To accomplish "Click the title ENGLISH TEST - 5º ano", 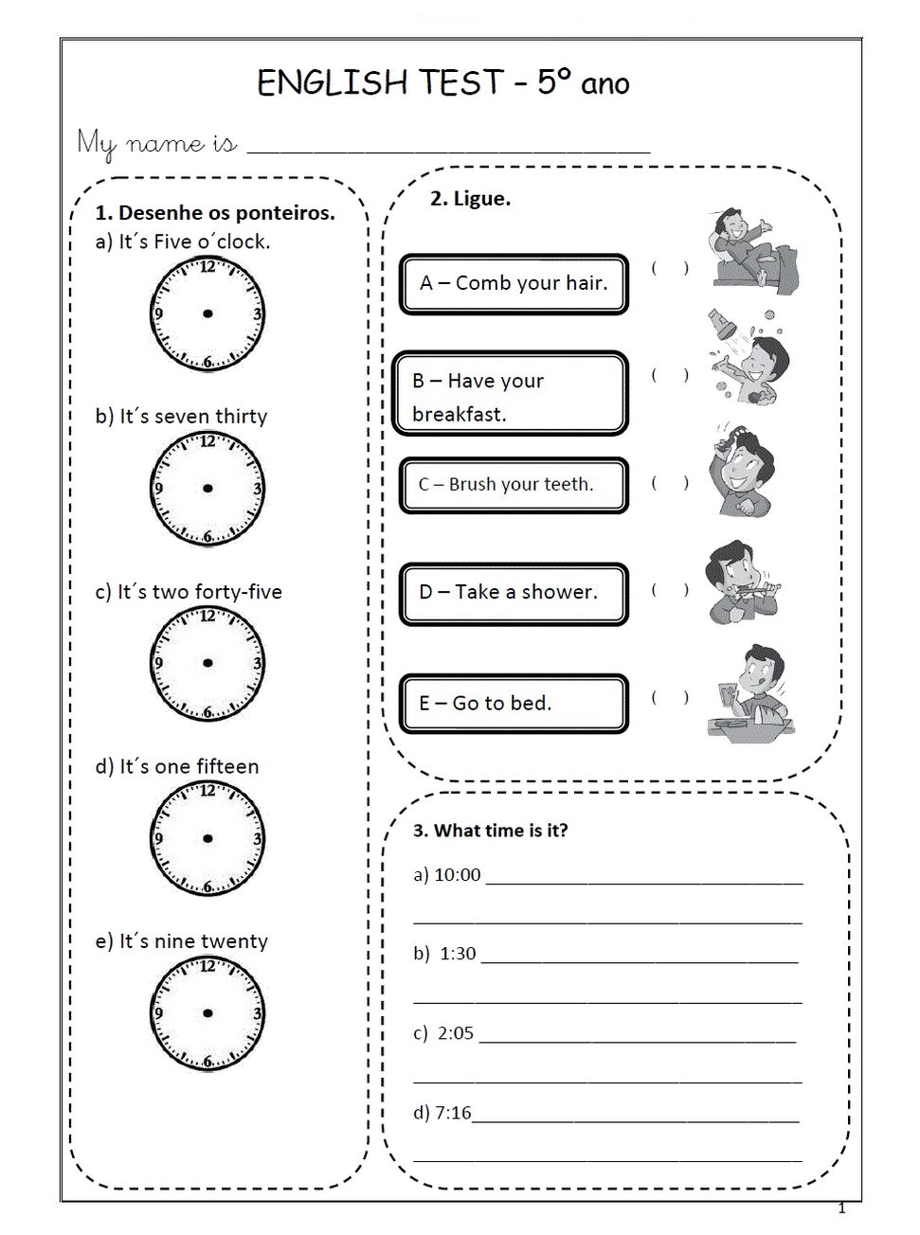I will [442, 83].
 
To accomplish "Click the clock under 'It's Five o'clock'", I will [207, 313].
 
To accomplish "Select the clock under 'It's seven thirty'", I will [207, 489].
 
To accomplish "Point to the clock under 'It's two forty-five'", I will [207, 663].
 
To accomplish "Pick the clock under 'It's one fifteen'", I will [207, 838].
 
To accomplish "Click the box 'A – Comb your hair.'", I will [514, 283].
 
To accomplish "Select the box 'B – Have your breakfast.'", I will [511, 394].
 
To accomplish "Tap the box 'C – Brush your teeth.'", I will [514, 485].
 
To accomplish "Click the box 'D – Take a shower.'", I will [514, 593].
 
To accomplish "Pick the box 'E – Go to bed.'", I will [514, 703].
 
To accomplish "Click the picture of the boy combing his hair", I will [743, 472].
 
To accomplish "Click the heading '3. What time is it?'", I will [490, 831].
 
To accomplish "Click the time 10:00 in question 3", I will [458, 875].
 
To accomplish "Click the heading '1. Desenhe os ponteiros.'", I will [215, 212].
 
